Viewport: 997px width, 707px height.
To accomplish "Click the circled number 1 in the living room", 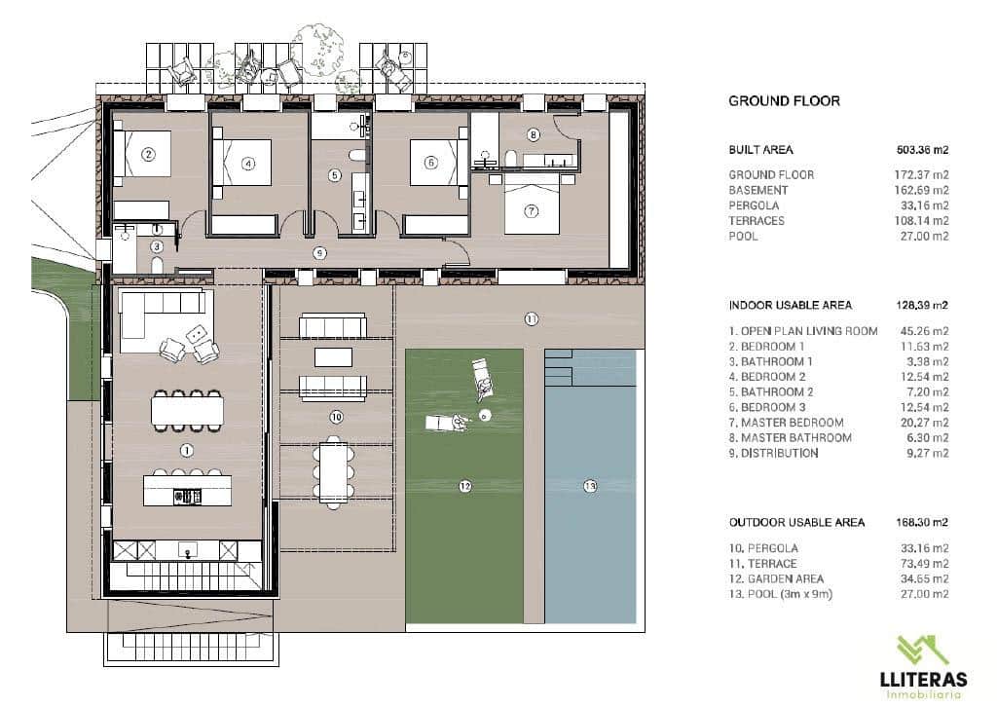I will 187,450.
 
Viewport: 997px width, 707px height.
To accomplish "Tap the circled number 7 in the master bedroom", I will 532,210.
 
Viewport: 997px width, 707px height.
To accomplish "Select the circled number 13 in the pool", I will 590,485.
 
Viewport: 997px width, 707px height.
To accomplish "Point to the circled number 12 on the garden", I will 464,485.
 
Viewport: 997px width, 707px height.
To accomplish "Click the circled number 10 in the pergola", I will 336,417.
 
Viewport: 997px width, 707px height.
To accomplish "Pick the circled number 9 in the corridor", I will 319,253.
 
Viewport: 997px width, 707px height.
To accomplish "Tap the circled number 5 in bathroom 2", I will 335,176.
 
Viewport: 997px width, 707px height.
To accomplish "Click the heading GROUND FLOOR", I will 784,101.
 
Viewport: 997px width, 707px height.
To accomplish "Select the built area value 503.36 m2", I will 921,150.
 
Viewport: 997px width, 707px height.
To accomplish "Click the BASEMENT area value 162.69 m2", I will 921,190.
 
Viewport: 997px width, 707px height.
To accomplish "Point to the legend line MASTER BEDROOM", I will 789,423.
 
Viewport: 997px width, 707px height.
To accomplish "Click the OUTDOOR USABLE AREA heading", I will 796,522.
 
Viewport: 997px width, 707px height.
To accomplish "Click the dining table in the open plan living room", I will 187,408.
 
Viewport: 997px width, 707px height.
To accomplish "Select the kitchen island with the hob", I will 187,489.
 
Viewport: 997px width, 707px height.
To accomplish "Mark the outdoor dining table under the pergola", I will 333,467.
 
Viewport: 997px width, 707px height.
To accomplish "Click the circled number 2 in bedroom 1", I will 148,154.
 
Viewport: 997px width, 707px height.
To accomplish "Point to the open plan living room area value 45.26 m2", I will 921,331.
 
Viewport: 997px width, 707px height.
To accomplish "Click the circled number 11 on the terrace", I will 532,318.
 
